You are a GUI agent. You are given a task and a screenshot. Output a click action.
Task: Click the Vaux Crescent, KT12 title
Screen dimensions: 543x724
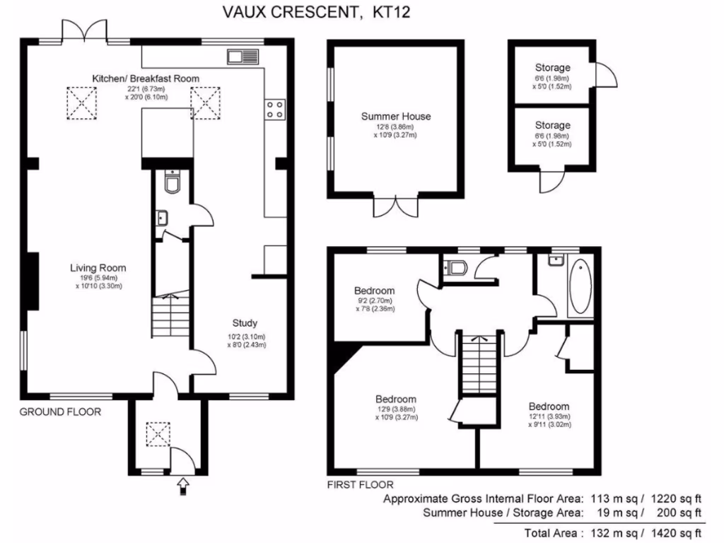click(316, 11)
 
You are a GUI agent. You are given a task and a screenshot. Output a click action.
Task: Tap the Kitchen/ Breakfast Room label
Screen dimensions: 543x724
click(146, 78)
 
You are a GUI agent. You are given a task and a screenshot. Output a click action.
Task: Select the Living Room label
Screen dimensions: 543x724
click(98, 267)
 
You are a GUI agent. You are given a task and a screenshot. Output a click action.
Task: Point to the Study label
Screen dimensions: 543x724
click(245, 323)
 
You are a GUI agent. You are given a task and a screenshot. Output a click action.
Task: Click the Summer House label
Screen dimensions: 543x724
click(396, 117)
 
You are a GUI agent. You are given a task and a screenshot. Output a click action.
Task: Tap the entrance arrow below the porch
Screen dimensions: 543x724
click(184, 484)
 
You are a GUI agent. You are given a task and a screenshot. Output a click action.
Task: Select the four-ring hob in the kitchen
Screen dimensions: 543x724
click(275, 109)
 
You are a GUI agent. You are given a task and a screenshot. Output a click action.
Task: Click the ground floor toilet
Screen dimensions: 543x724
click(172, 182)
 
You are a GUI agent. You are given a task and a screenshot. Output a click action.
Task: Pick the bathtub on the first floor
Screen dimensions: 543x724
click(580, 286)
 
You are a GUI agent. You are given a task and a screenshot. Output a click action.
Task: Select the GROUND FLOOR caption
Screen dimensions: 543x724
click(59, 411)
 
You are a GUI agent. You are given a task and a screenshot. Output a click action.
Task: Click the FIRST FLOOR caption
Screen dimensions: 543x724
click(360, 485)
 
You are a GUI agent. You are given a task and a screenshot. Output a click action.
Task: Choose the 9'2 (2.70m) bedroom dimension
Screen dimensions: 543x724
click(375, 300)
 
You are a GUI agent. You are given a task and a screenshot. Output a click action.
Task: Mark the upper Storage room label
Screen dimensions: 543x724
click(552, 68)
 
